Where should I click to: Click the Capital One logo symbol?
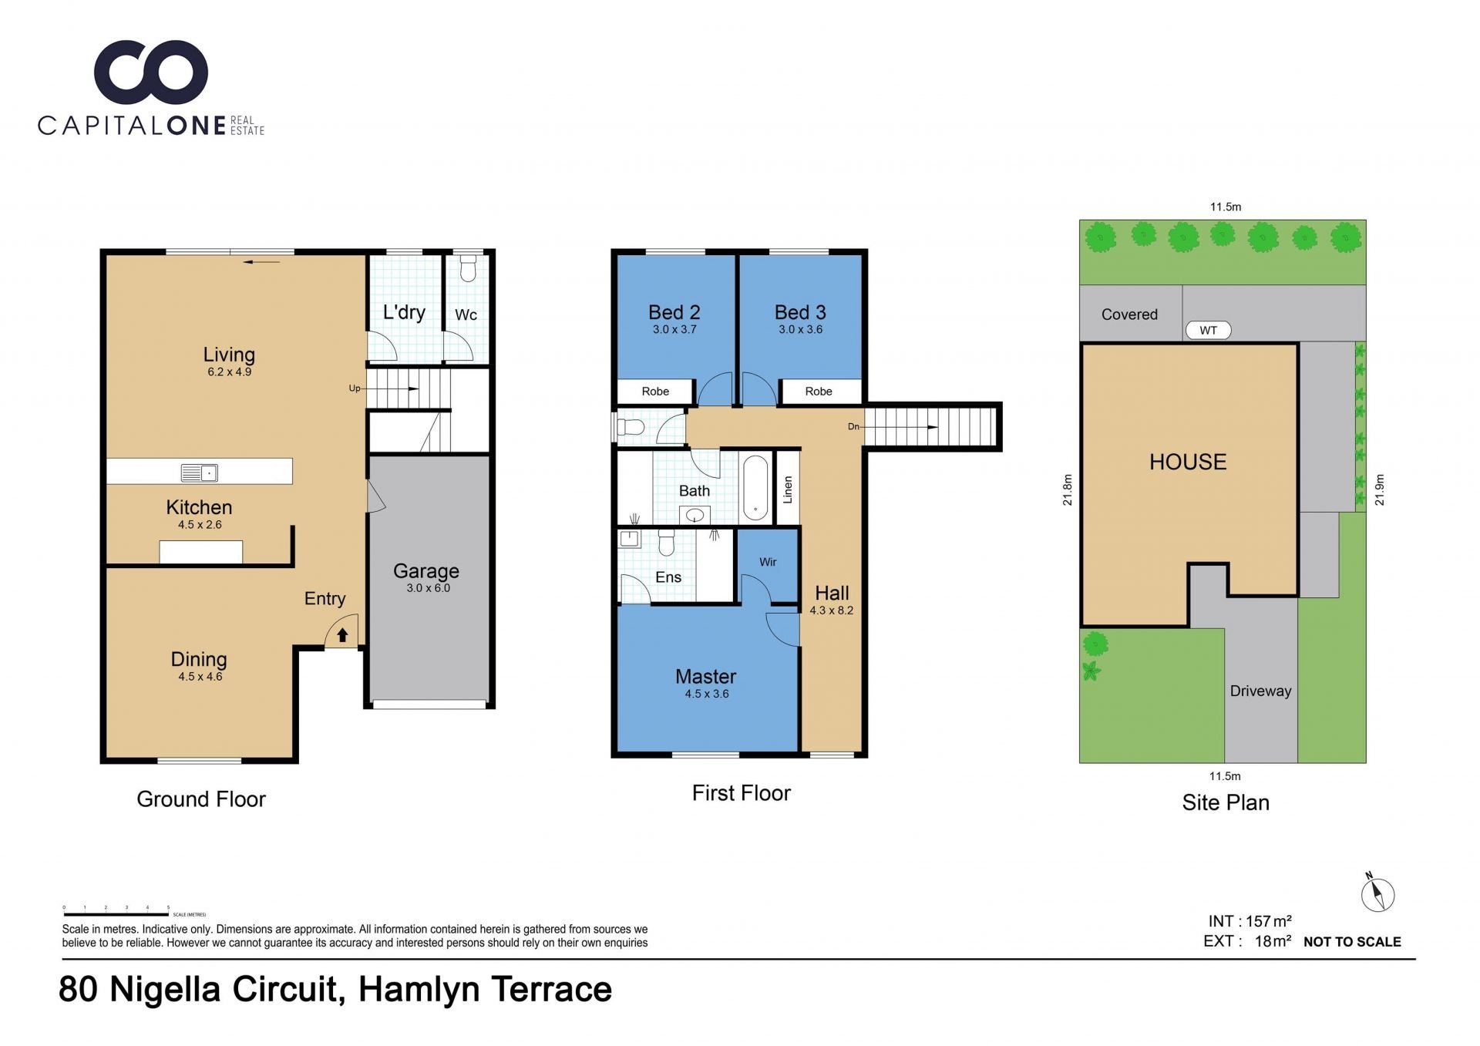click(151, 72)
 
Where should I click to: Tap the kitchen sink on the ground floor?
click(199, 473)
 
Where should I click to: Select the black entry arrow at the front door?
click(342, 634)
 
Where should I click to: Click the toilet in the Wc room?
click(468, 267)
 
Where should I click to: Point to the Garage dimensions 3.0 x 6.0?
click(428, 588)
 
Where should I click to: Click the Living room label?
click(229, 355)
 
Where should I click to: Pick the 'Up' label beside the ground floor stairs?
click(355, 388)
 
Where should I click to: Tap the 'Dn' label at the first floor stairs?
click(853, 426)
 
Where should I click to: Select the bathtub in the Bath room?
click(755, 487)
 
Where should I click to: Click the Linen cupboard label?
click(787, 489)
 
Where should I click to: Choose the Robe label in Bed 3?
click(819, 392)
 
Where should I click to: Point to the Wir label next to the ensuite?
click(768, 562)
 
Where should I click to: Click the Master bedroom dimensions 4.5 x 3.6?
click(707, 694)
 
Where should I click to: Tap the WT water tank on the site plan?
click(1208, 331)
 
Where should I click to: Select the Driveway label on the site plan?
click(1260, 691)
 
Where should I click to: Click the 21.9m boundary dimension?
click(1380, 489)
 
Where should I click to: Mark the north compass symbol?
click(1377, 894)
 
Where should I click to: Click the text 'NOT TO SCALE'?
click(1352, 942)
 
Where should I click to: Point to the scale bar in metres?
click(116, 914)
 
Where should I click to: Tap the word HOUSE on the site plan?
click(1188, 462)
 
